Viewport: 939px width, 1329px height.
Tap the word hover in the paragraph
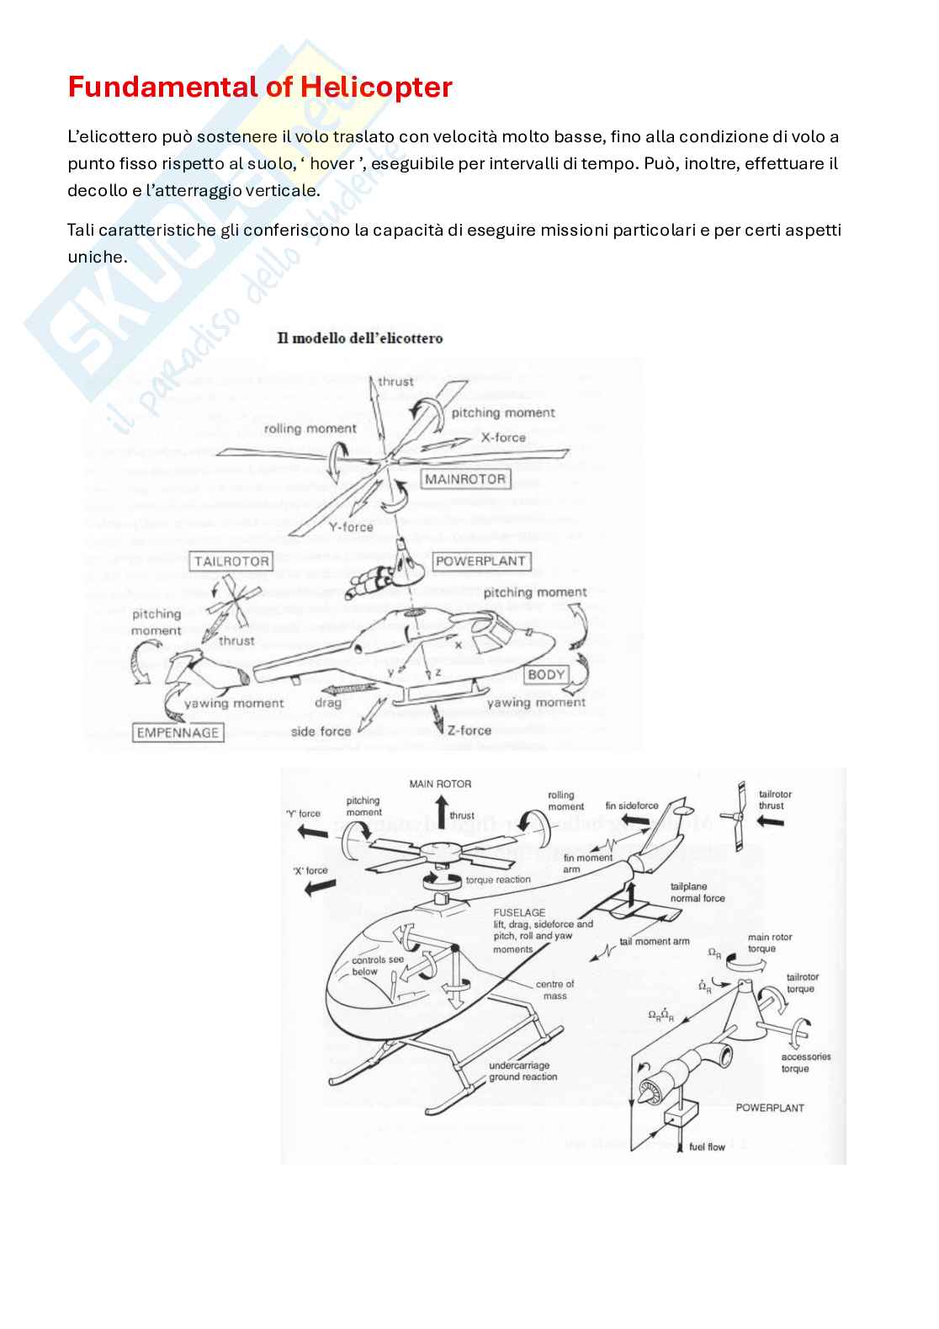click(x=332, y=164)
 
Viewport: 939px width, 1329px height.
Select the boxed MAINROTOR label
click(x=465, y=480)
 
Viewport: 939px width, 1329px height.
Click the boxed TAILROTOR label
click(x=231, y=561)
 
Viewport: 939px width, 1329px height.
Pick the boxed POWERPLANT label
click(x=480, y=561)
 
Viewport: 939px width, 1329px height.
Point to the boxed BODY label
click(x=546, y=675)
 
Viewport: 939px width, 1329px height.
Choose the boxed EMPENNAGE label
click(x=178, y=733)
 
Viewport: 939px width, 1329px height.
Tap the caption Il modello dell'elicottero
click(x=360, y=338)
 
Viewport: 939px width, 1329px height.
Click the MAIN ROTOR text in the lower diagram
click(x=440, y=784)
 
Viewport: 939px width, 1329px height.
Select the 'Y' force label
click(x=303, y=814)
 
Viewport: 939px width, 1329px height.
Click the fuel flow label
click(x=707, y=1147)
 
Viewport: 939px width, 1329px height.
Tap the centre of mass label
click(x=554, y=990)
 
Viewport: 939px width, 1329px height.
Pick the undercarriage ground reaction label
click(x=523, y=1071)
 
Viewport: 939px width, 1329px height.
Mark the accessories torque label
click(x=805, y=1063)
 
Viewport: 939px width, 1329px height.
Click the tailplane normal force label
click(x=697, y=892)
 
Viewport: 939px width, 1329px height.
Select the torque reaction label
click(x=498, y=880)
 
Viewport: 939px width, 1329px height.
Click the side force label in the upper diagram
click(x=321, y=732)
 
